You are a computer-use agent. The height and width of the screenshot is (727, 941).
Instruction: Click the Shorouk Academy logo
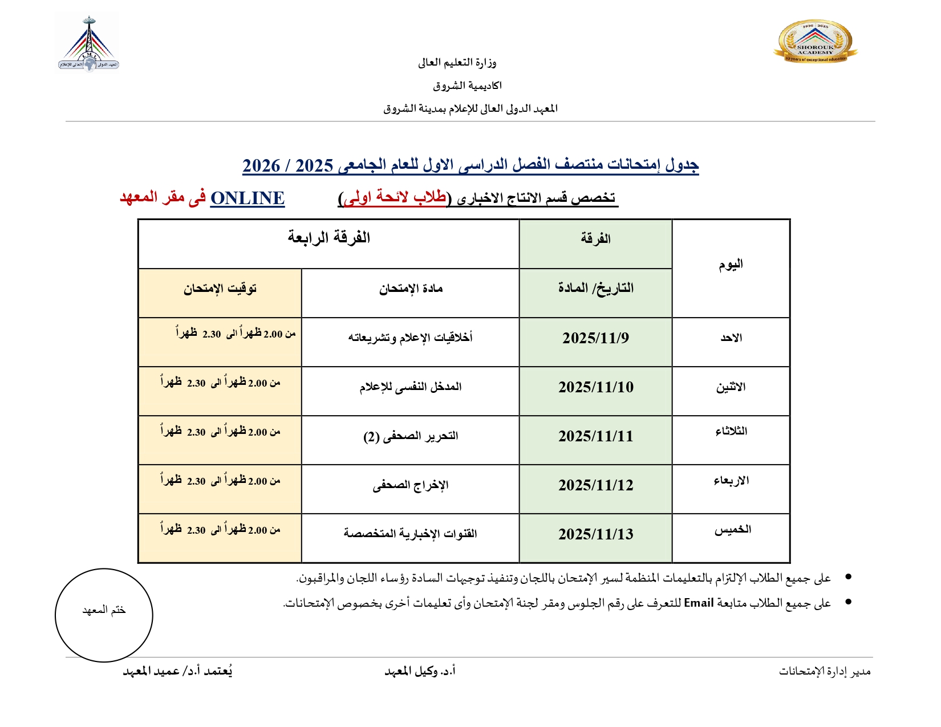click(x=815, y=42)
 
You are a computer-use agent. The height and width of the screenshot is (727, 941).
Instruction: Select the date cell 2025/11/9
click(x=595, y=338)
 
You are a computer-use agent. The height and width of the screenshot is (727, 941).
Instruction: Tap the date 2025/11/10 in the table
click(x=595, y=387)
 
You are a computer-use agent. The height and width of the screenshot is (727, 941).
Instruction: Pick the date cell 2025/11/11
click(x=595, y=436)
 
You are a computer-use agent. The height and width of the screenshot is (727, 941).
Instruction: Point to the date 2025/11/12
click(x=595, y=485)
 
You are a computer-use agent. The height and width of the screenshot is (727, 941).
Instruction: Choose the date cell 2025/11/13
click(x=595, y=534)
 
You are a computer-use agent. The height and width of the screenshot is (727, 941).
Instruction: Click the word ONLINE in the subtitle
click(x=248, y=198)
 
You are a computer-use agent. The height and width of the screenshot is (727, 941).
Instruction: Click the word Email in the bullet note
click(x=699, y=603)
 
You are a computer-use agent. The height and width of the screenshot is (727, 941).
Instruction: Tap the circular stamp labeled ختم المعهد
click(x=104, y=615)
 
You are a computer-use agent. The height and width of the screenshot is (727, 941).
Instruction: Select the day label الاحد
click(x=731, y=338)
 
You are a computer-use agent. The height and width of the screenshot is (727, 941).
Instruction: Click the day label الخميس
click(x=732, y=530)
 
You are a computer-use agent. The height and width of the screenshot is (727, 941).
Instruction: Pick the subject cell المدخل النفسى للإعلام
click(x=410, y=387)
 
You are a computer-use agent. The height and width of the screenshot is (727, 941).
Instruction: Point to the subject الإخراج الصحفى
click(x=410, y=485)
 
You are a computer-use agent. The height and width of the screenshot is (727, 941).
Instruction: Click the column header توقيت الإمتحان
click(x=220, y=289)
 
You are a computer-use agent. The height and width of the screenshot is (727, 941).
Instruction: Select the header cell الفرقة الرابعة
click(x=328, y=238)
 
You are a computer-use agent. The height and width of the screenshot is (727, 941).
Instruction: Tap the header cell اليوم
click(x=731, y=265)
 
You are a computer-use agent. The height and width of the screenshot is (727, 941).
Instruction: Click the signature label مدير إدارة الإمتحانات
click(x=824, y=671)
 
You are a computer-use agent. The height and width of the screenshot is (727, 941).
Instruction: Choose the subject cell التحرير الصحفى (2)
click(x=410, y=436)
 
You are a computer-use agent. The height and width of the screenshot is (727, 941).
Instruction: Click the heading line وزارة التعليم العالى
click(x=457, y=63)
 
